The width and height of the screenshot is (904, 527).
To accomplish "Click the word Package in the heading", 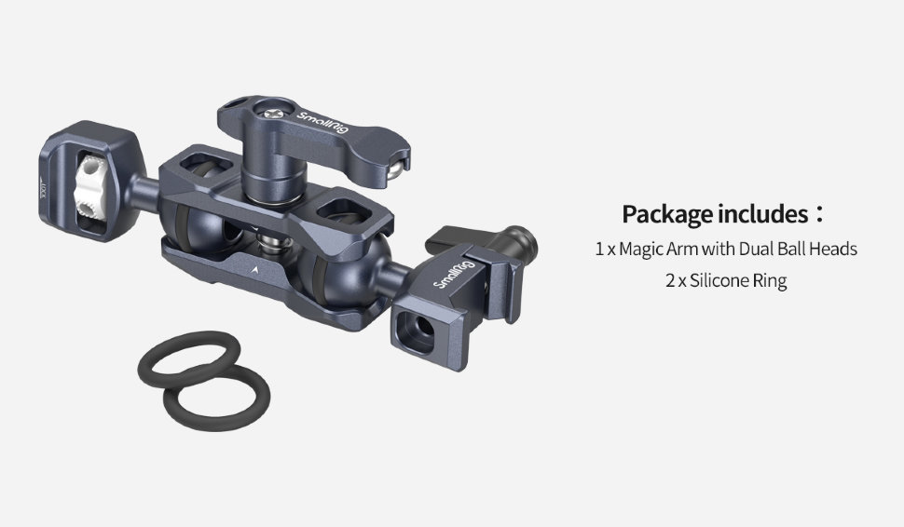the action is coord(666,215).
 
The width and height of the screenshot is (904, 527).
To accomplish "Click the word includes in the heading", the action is coord(762,213).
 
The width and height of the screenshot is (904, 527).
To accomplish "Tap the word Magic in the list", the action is coord(641,249).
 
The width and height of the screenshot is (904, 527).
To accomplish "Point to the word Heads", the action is coord(833,249).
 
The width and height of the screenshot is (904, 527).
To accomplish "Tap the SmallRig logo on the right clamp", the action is coord(454,274).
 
